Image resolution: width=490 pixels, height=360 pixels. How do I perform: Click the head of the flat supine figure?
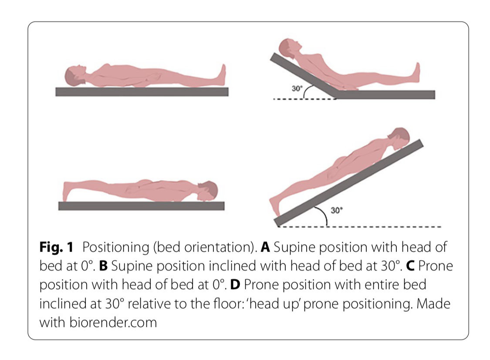pos(75,76)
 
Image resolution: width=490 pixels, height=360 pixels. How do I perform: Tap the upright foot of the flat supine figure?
pos(222,74)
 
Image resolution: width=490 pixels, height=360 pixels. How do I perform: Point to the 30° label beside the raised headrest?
pos(297,88)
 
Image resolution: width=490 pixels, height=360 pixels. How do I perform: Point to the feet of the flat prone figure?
pos(66,191)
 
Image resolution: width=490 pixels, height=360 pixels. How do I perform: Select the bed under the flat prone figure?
pos(141,206)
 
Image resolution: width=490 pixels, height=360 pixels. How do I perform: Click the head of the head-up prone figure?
pos(399,138)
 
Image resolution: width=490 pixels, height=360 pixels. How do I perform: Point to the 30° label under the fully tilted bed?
pos(336,210)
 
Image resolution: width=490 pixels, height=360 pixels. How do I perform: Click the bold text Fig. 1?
pos(56,247)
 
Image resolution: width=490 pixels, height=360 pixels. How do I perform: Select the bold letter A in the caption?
pos(265,247)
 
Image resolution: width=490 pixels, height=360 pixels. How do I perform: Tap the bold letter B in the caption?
pos(103,266)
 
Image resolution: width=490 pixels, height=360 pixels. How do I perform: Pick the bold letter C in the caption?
pos(410,266)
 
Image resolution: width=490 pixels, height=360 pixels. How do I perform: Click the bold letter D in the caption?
pos(235,285)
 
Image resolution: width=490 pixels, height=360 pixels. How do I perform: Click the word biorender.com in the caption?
pos(113,322)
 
